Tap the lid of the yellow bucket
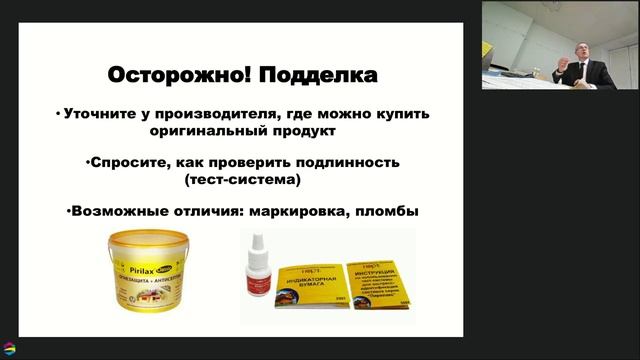(160, 237)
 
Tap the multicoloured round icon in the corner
(10, 348)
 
